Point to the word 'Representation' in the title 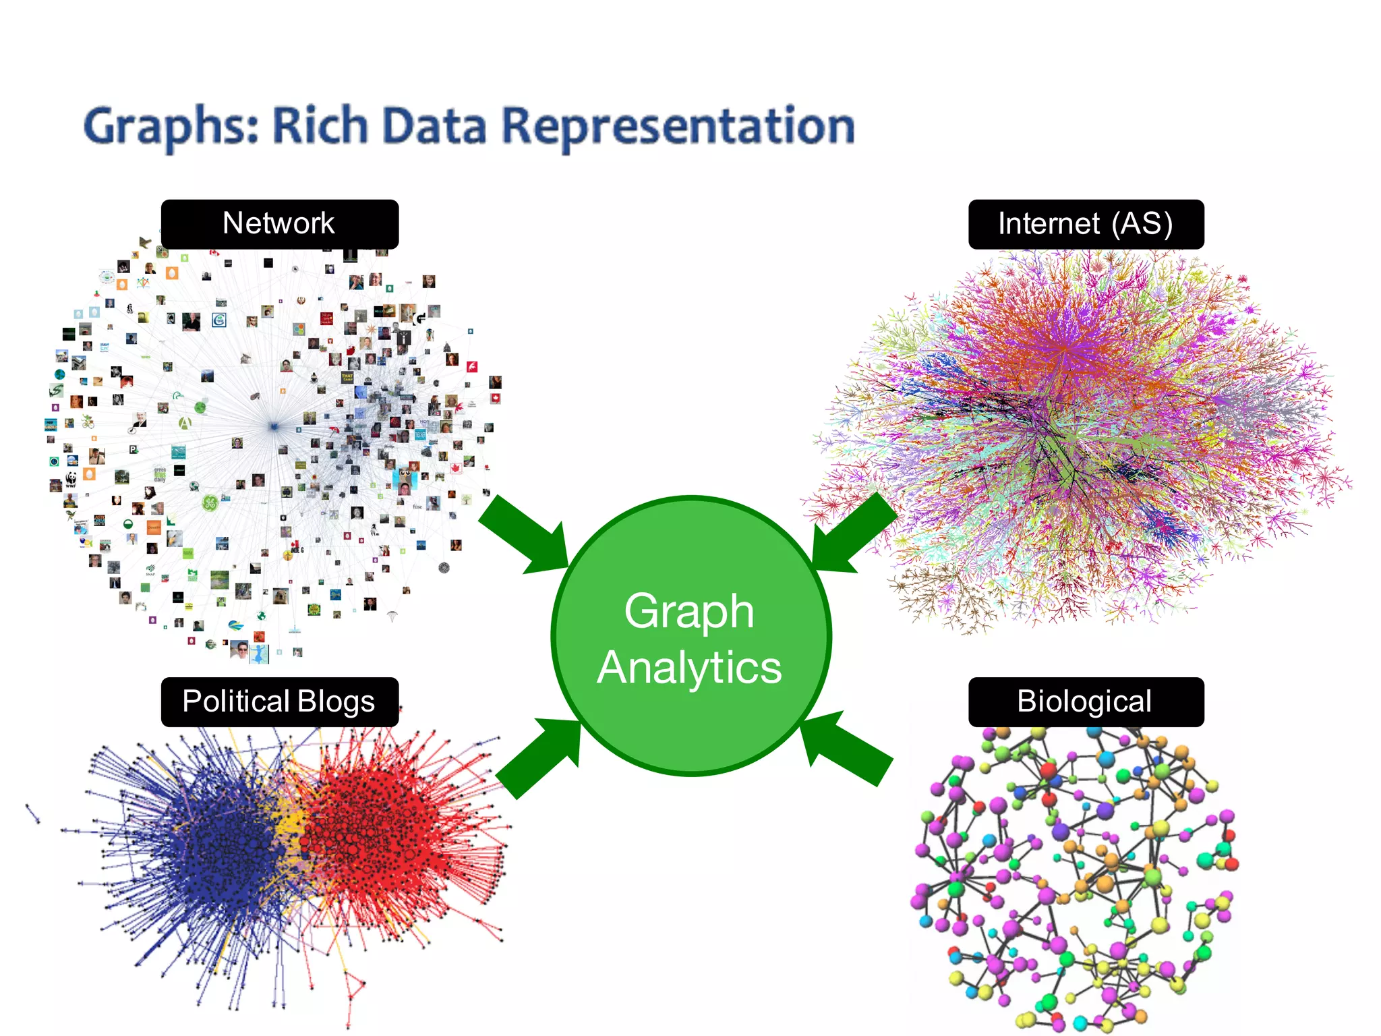coord(678,127)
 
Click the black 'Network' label coord(279,224)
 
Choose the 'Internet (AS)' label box coord(1086,224)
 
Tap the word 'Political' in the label coord(235,701)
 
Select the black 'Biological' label coord(1086,701)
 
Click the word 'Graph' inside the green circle coord(689,611)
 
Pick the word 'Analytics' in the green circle coord(689,668)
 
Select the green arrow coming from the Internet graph coord(854,533)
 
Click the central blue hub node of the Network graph coord(274,426)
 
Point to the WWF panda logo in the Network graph coord(71,480)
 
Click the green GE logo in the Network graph coord(210,502)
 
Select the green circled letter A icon coord(184,423)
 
